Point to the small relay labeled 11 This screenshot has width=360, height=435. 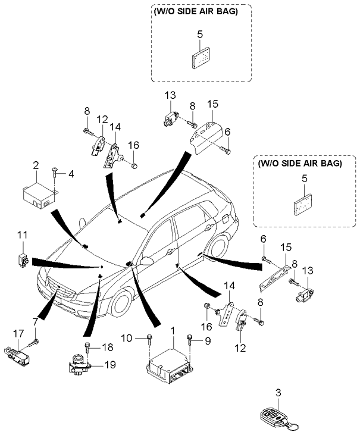(23, 259)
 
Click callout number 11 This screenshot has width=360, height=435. (22, 237)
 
